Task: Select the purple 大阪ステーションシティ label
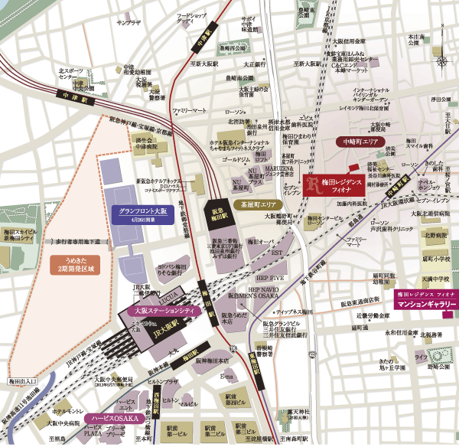point(163,312)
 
